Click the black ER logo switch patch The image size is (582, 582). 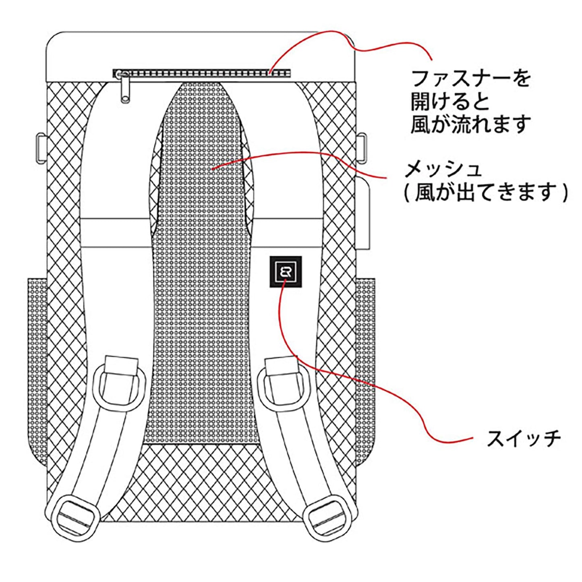point(286,272)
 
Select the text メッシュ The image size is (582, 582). point(443,169)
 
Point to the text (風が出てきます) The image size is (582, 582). point(485,192)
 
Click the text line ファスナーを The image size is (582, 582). point(471,79)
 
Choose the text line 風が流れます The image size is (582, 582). point(471,124)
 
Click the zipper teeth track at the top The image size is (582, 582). point(201,73)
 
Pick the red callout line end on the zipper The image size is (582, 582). point(270,72)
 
